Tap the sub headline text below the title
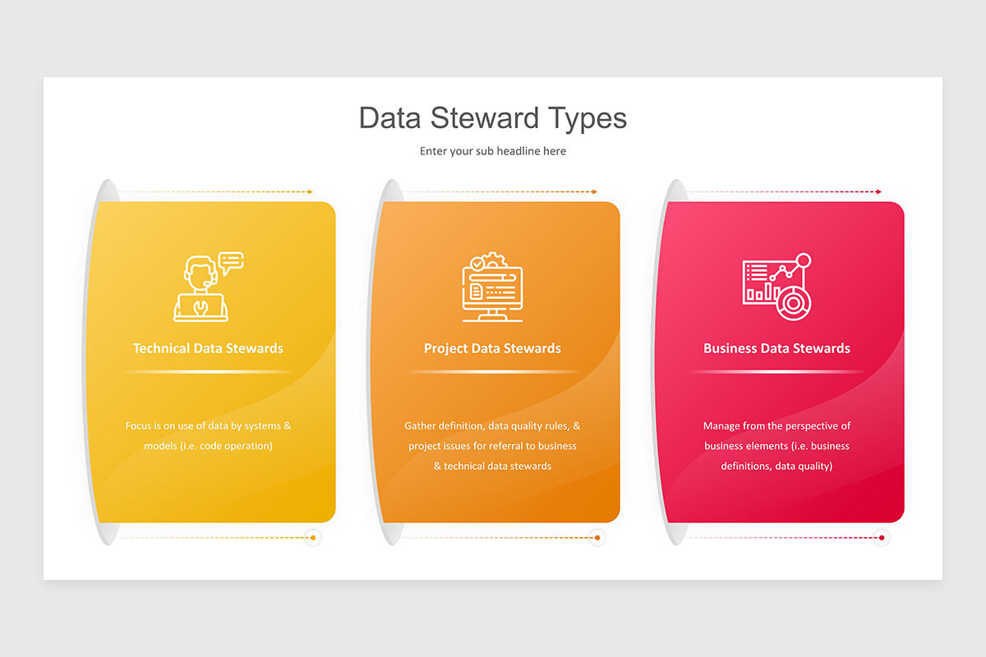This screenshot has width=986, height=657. [493, 151]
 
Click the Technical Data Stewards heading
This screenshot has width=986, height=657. [208, 348]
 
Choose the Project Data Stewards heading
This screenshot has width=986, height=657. [492, 348]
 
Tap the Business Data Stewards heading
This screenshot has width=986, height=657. [776, 348]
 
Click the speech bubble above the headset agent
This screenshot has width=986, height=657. [232, 261]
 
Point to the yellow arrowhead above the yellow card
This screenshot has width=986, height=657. [310, 192]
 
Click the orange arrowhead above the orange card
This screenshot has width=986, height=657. [594, 192]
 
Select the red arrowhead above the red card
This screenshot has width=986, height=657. [878, 192]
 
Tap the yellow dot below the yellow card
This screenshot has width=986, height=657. [313, 538]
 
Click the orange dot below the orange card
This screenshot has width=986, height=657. [597, 538]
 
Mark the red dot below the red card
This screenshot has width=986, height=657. [882, 538]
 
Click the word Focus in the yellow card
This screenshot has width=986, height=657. [138, 426]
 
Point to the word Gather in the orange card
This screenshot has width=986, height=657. [420, 426]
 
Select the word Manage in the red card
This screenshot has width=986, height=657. [721, 426]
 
